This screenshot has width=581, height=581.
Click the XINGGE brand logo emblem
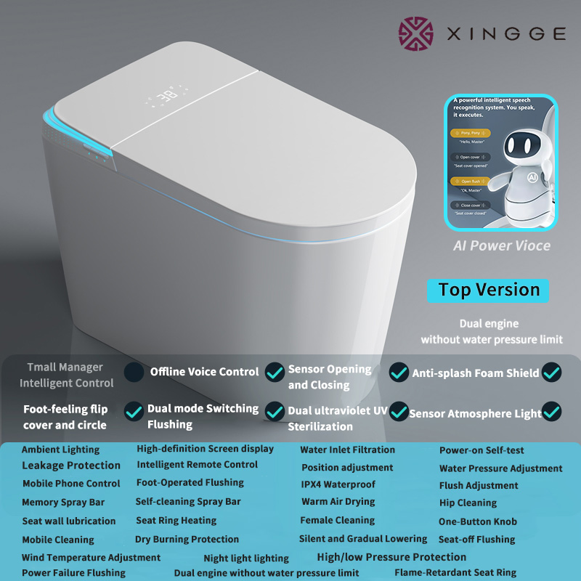416,34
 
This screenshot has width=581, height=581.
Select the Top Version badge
489,290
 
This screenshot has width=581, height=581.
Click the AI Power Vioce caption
502,245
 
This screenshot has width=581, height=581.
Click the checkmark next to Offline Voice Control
275,372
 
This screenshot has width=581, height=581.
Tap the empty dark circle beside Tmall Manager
134,373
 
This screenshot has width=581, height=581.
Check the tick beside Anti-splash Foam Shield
551,373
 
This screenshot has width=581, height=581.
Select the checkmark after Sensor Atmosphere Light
552,413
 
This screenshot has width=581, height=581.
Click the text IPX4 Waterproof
338,484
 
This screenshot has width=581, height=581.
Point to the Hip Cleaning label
468,503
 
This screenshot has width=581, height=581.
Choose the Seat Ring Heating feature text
176,521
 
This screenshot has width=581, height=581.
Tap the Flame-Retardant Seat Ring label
455,572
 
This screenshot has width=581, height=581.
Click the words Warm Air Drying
338,502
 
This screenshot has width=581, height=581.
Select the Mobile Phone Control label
71,484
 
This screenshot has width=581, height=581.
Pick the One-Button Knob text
477,521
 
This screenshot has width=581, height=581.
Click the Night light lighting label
246,558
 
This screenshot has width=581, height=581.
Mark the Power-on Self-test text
482,450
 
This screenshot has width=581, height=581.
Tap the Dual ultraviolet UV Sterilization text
337,418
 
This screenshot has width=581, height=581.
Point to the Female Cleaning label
338,520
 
